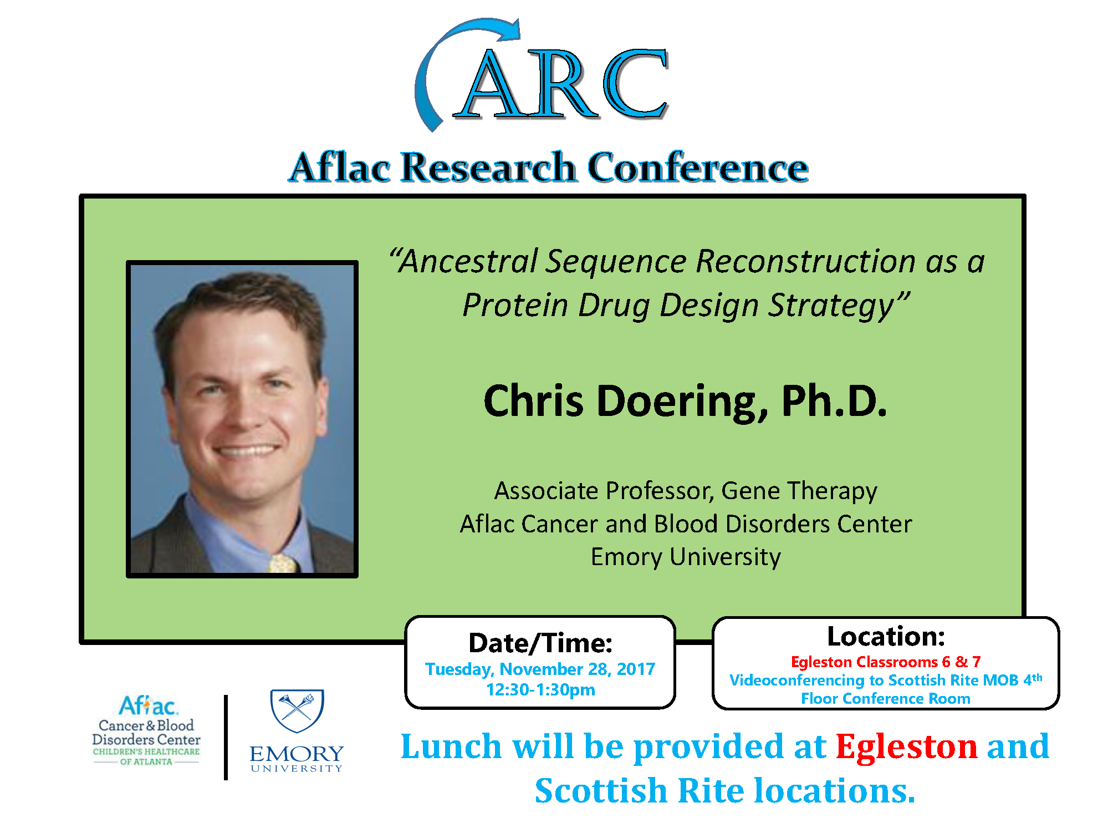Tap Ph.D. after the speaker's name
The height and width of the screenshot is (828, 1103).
click(x=834, y=400)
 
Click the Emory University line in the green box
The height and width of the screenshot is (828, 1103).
click(x=686, y=557)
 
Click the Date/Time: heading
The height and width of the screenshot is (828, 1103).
click(x=540, y=643)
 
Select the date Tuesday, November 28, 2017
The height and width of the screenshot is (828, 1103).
click(x=540, y=669)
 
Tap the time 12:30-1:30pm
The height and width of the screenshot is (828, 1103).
click(x=540, y=690)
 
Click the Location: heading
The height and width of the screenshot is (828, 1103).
click(x=886, y=636)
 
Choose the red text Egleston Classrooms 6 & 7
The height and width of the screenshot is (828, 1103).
click(x=886, y=662)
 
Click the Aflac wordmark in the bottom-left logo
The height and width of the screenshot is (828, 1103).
click(x=148, y=706)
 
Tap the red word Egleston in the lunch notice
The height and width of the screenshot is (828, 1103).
click(x=907, y=746)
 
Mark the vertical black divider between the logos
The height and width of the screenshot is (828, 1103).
click(x=226, y=738)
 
